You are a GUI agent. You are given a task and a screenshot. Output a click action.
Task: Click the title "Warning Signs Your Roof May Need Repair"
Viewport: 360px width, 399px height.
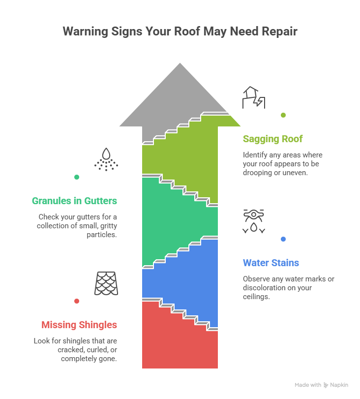180,32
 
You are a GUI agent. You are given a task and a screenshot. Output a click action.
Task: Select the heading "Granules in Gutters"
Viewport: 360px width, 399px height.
74,201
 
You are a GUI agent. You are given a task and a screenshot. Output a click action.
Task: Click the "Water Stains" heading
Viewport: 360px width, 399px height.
271,263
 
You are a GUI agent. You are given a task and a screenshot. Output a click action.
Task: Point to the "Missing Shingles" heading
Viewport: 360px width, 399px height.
79,325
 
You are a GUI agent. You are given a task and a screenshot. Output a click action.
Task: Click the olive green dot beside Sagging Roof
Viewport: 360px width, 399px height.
283,115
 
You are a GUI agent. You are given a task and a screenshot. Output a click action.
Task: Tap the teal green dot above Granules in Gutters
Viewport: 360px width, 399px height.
77,177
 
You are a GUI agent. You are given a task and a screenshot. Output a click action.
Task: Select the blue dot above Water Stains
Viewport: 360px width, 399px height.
283,239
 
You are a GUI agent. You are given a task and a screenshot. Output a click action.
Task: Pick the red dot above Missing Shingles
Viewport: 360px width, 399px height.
77,301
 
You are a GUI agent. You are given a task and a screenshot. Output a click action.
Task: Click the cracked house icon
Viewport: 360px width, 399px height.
254,97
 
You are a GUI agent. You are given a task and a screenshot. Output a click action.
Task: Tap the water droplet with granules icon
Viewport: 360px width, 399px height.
106,159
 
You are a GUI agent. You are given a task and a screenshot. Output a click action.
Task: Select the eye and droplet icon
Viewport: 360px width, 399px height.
254,221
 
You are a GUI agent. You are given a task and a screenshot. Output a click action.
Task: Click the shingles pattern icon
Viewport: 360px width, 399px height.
106,283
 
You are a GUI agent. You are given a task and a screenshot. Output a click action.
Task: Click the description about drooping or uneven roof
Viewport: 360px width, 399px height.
283,164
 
